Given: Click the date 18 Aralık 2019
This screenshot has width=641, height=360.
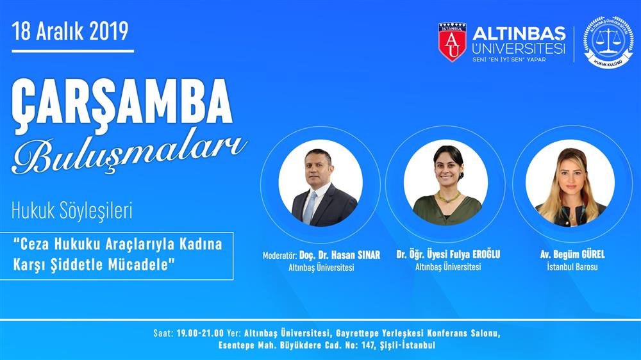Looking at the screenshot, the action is (70, 31).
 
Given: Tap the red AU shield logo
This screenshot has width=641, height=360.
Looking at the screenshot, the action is (452, 42).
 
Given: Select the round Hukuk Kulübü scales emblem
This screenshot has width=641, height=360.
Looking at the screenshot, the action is (608, 42).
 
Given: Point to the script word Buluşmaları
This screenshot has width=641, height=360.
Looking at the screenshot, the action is (129, 154).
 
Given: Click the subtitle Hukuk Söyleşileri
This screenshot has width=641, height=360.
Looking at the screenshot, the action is (72, 211).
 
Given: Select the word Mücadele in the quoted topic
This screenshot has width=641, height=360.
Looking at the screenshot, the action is (142, 265).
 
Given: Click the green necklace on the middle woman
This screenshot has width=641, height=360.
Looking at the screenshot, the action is (449, 197).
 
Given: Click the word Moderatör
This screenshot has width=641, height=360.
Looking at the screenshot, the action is (279, 256).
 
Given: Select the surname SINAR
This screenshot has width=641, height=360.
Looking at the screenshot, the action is (369, 255).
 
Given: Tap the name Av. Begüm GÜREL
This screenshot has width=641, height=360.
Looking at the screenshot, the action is (572, 254).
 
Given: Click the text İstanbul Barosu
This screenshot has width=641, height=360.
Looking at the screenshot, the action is (572, 267).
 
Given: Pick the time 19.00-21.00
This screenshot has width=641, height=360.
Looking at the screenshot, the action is (200, 333).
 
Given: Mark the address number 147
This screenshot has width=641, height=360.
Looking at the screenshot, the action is (368, 345).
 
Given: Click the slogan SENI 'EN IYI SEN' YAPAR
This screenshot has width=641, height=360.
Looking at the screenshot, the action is (509, 60).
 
